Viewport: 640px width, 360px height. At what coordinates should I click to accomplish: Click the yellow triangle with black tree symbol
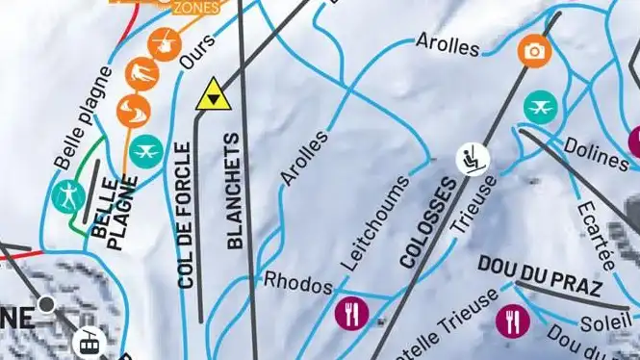tap(213, 95)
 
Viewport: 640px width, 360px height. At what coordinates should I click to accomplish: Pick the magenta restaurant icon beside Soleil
tap(512, 319)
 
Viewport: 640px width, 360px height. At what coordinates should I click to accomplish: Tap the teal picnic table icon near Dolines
tap(541, 107)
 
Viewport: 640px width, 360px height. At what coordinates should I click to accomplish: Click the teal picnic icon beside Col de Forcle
tap(146, 150)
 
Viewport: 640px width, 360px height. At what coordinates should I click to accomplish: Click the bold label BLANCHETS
tap(235, 192)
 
